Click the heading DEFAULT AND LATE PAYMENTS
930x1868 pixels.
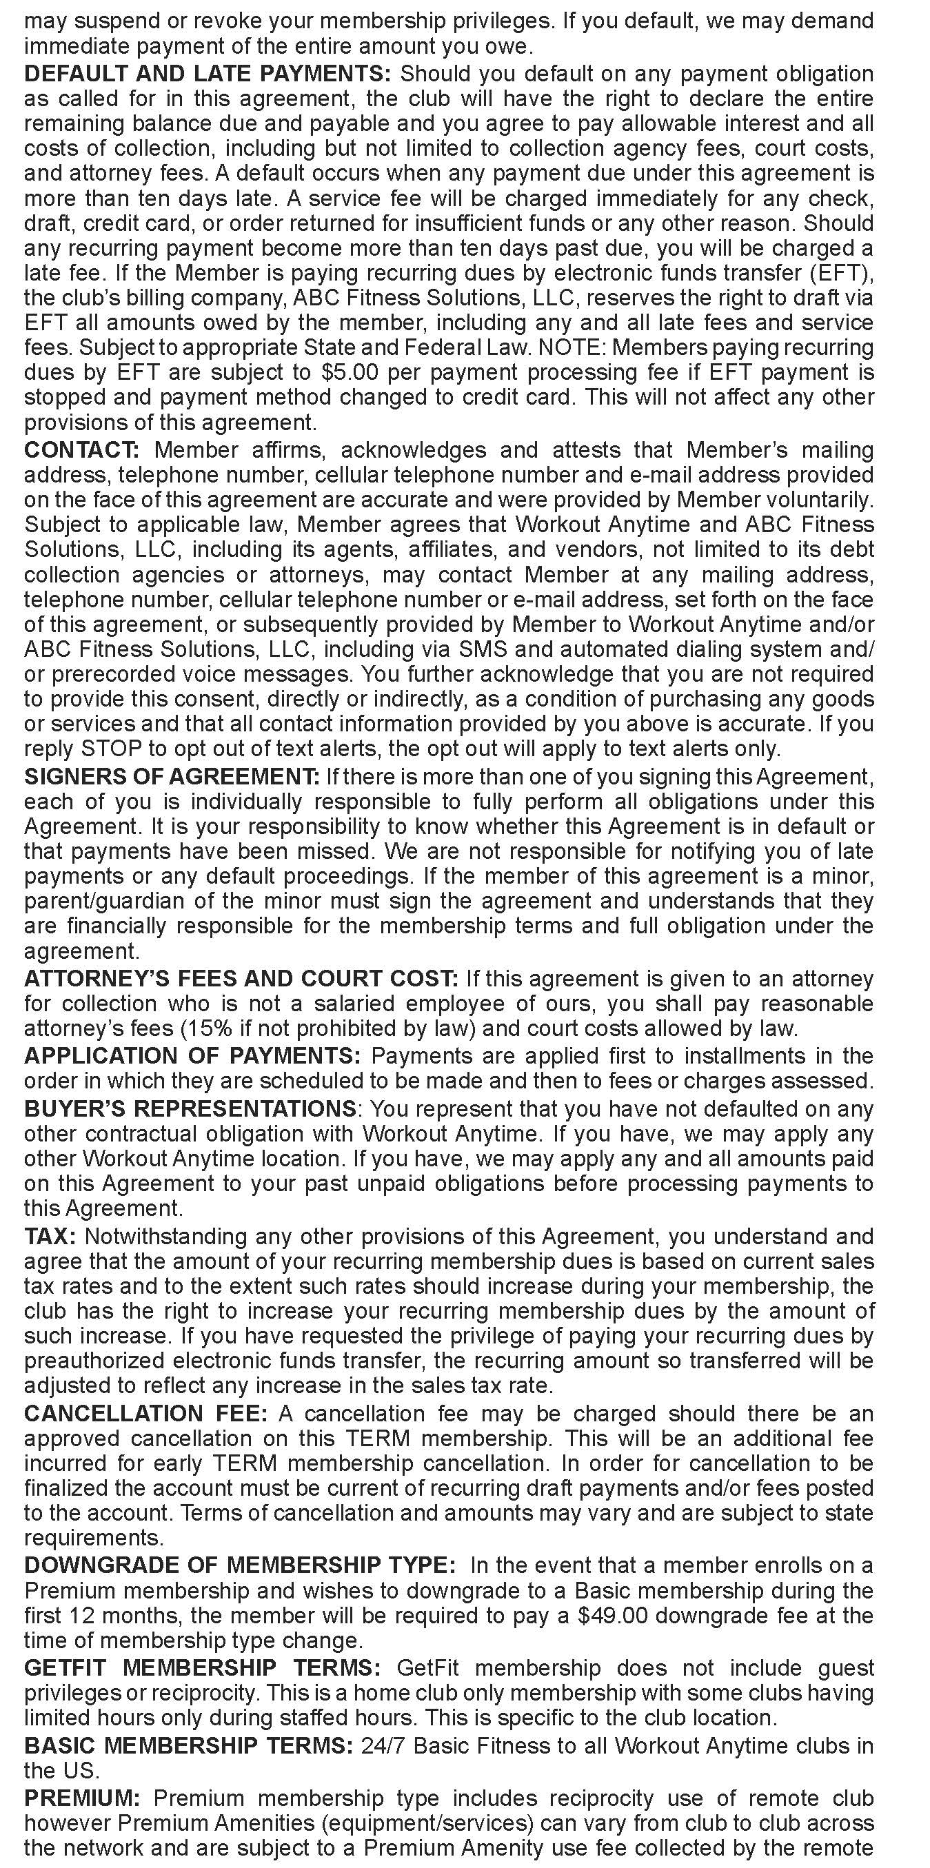[208, 74]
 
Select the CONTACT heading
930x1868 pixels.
[81, 450]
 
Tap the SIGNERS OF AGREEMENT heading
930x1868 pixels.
[171, 777]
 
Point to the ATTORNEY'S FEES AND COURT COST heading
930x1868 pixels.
[241, 979]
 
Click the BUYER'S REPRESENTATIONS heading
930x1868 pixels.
[190, 1109]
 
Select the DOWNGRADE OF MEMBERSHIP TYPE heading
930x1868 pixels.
[240, 1565]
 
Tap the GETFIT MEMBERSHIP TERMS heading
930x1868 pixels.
[203, 1668]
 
